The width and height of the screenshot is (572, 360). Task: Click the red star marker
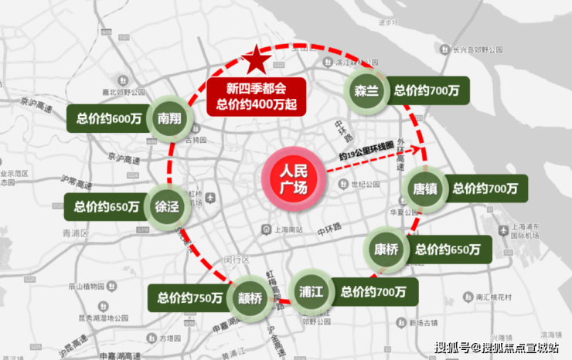(x=256, y=59)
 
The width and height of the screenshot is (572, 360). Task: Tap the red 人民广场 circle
(x=290, y=179)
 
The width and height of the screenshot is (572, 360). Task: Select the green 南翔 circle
(x=169, y=118)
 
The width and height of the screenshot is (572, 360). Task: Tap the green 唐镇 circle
(x=426, y=188)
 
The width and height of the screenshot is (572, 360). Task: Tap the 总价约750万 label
(x=189, y=297)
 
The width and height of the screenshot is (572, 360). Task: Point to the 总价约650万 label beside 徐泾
(x=107, y=206)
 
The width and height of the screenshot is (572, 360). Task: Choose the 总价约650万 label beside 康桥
(x=447, y=250)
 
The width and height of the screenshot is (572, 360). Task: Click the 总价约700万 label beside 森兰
(x=425, y=90)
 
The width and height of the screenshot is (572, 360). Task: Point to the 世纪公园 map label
(x=366, y=185)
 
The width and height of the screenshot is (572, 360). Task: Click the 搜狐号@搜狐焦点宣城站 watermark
(x=498, y=347)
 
